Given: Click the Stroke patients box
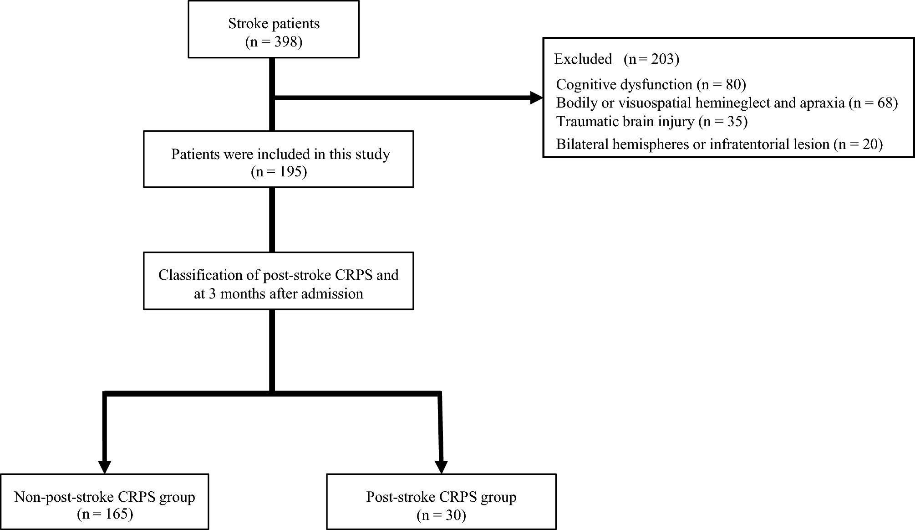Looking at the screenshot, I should [274, 29].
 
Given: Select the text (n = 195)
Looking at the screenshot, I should [279, 172].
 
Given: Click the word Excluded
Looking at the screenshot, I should [583, 59].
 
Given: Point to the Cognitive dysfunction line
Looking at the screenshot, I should [651, 84].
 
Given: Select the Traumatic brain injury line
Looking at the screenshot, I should [651, 122].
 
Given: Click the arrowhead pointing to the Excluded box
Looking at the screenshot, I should [537, 98].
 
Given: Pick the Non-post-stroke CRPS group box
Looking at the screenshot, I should [105, 501].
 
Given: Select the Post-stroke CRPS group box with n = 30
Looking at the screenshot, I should [441, 501].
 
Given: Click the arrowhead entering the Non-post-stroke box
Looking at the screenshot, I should [105, 467].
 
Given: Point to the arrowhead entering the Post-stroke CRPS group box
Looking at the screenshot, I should [441, 467].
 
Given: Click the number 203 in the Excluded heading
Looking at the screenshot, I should [663, 59].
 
